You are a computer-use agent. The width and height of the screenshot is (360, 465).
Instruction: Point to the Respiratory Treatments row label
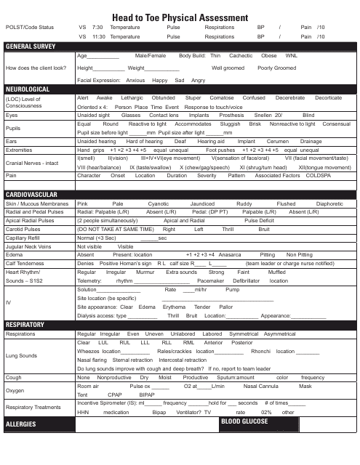pyautogui.click(x=36, y=408)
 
